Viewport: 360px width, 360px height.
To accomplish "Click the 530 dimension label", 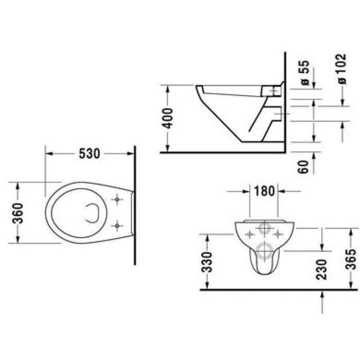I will pyautogui.click(x=89, y=154).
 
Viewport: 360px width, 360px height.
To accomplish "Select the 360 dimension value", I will pyautogui.click(x=17, y=212).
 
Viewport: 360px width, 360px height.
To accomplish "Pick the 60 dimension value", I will pyautogui.click(x=304, y=166).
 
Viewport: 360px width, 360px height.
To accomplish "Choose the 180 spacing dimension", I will pyautogui.click(x=264, y=191).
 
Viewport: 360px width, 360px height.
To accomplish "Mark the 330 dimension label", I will pyautogui.click(x=206, y=262).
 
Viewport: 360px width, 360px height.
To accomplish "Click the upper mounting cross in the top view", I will pyautogui.click(x=117, y=199).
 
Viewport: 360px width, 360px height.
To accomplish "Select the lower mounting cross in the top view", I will pyautogui.click(x=117, y=224).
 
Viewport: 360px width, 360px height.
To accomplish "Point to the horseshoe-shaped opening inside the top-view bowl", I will pyautogui.click(x=93, y=212).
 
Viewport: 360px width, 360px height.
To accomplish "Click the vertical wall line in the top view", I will pyautogui.click(x=135, y=206).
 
